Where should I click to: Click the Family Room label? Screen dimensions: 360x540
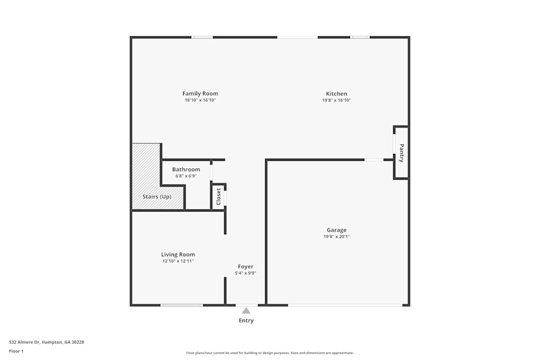pyautogui.click(x=200, y=93)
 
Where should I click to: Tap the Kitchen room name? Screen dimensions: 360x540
pyautogui.click(x=336, y=93)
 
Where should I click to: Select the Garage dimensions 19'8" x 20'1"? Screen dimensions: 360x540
pyautogui.click(x=336, y=236)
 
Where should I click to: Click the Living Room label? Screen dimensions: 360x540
pyautogui.click(x=178, y=254)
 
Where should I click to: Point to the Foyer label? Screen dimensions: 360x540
pyautogui.click(x=246, y=266)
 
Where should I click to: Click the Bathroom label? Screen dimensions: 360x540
pyautogui.click(x=186, y=169)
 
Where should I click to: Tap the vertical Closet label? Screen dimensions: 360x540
pyautogui.click(x=219, y=196)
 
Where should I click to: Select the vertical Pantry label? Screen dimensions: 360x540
pyautogui.click(x=401, y=153)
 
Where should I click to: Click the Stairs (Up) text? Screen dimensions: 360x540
pyautogui.click(x=157, y=196)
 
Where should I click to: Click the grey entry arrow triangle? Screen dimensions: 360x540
pyautogui.click(x=246, y=310)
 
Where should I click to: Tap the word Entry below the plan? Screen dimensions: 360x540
pyautogui.click(x=246, y=321)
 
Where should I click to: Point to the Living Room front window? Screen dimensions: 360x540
pyautogui.click(x=182, y=305)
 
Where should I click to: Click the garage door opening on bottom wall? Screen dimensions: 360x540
pyautogui.click(x=345, y=305)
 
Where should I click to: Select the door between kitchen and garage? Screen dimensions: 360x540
pyautogui.click(x=374, y=160)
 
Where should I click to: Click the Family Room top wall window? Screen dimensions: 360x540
pyautogui.click(x=202, y=37)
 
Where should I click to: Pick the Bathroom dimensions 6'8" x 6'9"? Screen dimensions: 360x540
pyautogui.click(x=186, y=176)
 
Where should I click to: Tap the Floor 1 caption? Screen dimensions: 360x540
pyautogui.click(x=16, y=351)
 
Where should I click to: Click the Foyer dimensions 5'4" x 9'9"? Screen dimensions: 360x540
pyautogui.click(x=246, y=273)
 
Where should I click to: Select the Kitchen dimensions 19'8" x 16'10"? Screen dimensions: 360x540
pyautogui.click(x=336, y=100)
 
